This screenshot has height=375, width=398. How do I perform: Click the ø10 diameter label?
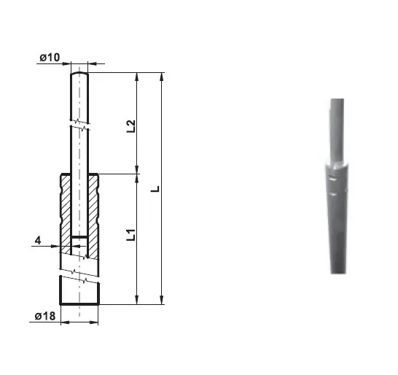(50, 58)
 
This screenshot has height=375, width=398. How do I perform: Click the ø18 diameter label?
(45, 317)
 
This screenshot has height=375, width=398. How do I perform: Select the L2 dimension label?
(131, 126)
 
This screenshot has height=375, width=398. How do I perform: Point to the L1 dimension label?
(131, 235)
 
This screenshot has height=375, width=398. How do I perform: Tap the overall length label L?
(155, 189)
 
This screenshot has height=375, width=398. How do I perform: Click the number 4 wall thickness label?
(38, 240)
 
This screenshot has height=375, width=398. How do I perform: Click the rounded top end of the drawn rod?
(79, 73)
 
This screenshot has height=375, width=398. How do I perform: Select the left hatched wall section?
(66, 214)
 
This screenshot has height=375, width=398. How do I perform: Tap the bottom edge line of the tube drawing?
(79, 304)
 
